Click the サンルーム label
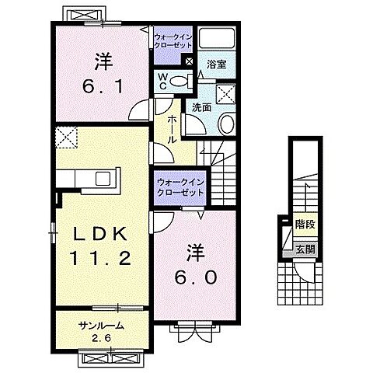101,325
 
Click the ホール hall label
173,127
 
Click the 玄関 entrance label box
305,249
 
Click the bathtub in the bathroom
218,40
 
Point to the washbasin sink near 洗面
226,124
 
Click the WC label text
163,80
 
